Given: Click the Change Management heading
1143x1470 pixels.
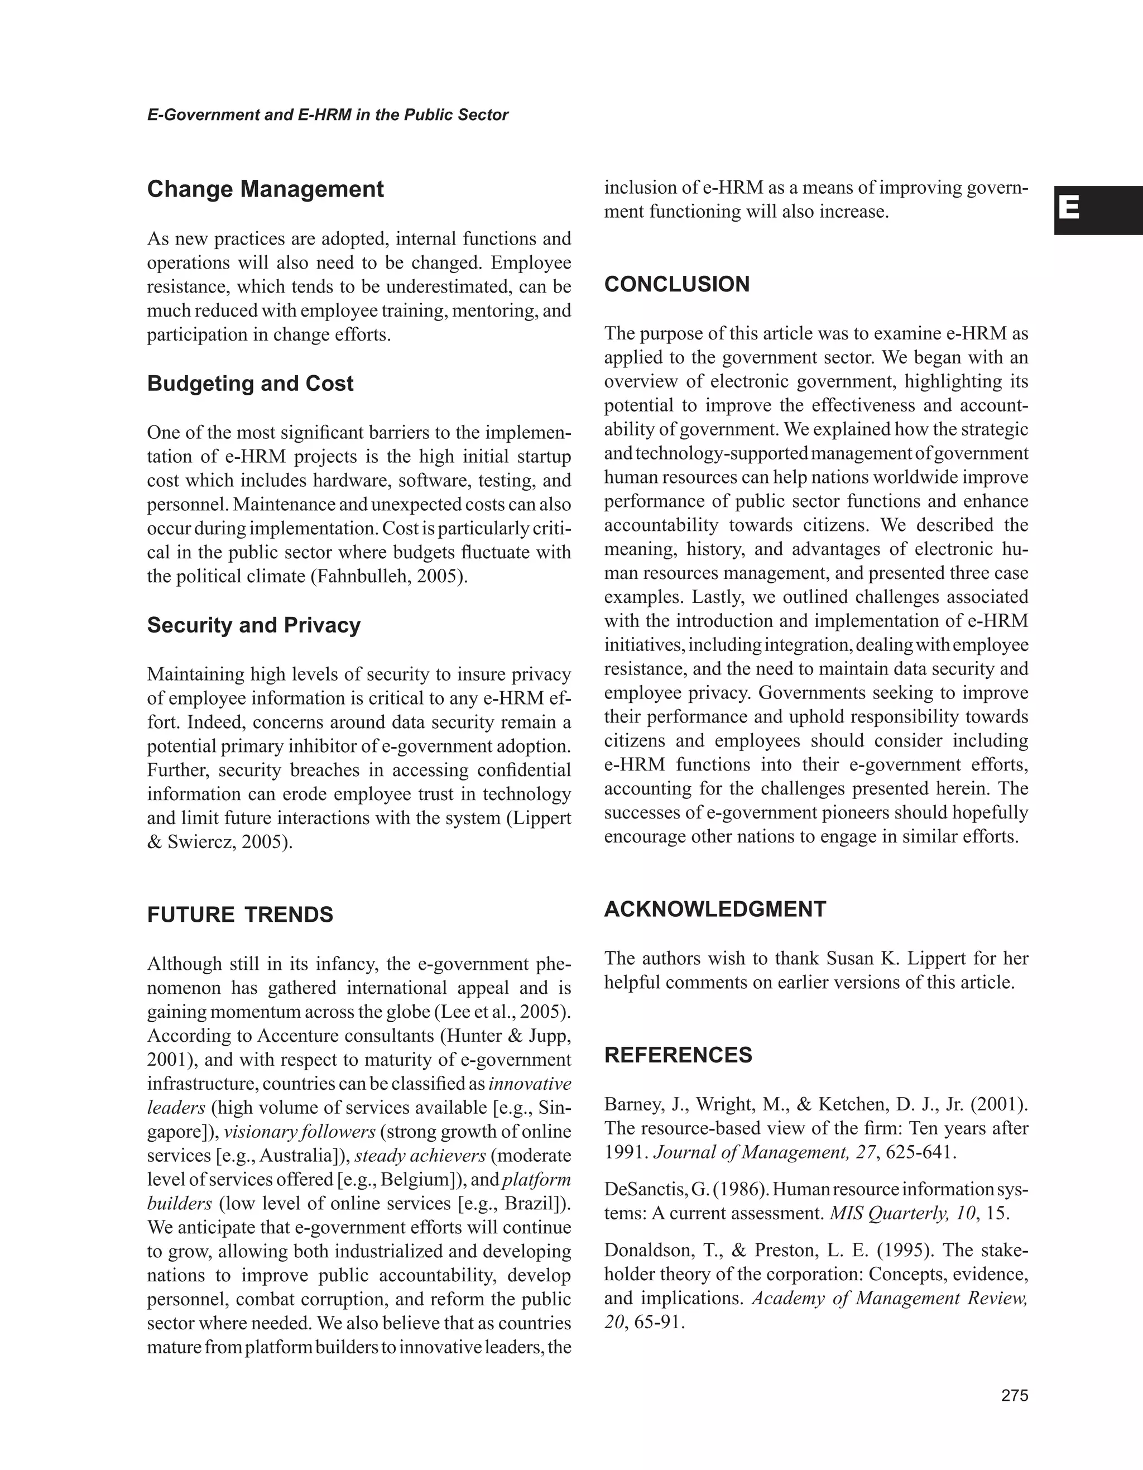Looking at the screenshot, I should click(265, 189).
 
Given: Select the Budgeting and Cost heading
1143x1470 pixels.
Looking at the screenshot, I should click(249, 384).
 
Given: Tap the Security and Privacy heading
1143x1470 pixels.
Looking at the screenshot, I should click(253, 625).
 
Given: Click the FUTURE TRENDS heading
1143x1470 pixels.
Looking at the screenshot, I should click(240, 914).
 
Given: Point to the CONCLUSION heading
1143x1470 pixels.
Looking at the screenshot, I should click(677, 284).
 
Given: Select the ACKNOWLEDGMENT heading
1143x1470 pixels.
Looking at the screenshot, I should click(715, 909).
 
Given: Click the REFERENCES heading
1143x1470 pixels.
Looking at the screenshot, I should click(678, 1055).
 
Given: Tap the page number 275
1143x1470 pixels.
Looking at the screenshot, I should click(1015, 1395).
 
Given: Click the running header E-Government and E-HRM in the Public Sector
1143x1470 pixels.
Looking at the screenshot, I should click(328, 115).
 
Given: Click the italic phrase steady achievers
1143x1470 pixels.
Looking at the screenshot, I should click(420, 1156).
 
